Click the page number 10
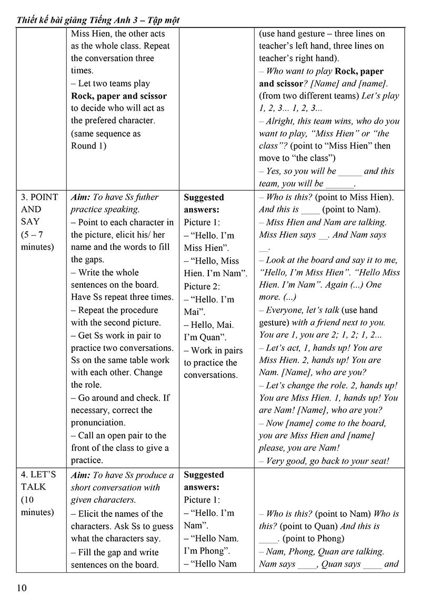22,588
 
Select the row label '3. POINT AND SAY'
39,210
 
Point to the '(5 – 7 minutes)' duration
37,240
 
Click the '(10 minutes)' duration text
37,505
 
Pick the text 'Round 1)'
88,146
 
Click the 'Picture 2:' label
202,286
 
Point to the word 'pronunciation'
98,423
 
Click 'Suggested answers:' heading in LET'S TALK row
204,481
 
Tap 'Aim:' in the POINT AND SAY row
81,197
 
